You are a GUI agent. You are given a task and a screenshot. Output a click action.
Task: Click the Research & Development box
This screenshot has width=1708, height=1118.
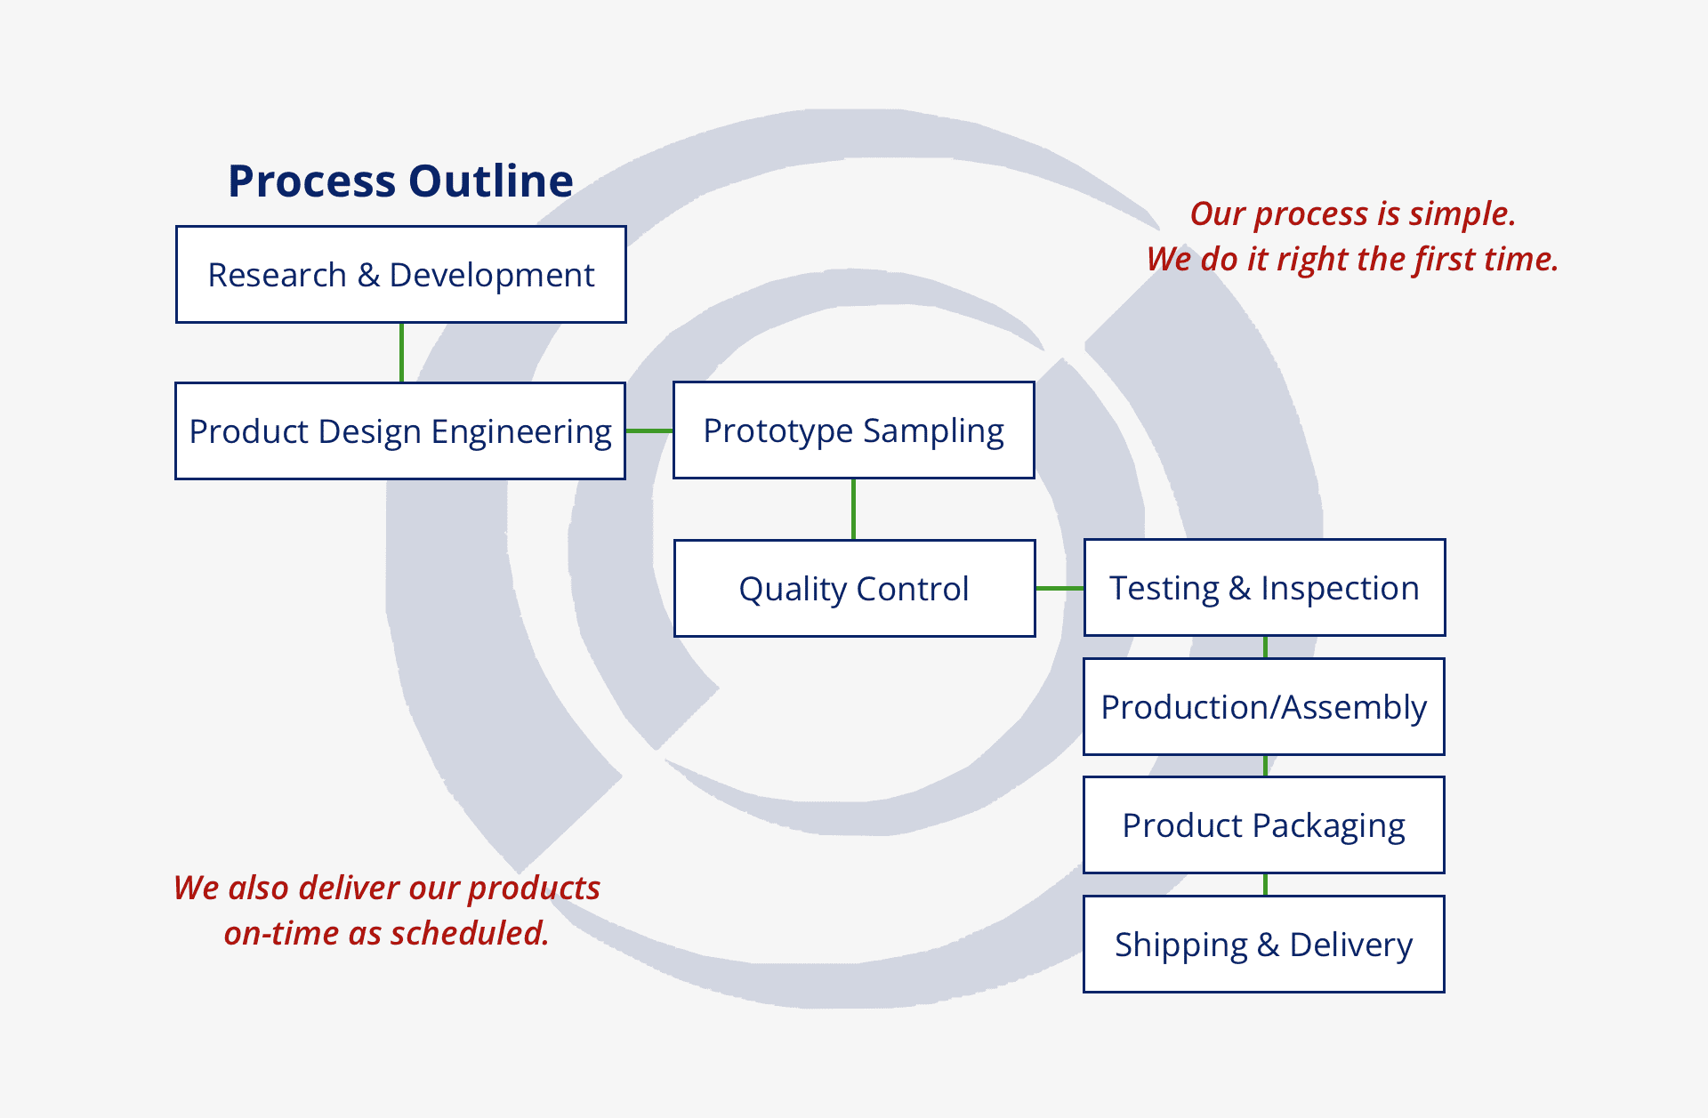click(x=401, y=274)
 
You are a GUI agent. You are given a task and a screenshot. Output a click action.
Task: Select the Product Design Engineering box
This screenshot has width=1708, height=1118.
click(x=400, y=431)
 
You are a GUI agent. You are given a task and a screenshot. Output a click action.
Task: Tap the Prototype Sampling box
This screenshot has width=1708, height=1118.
click(x=854, y=430)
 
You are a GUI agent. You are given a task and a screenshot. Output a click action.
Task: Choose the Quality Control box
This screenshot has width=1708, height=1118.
click(x=855, y=588)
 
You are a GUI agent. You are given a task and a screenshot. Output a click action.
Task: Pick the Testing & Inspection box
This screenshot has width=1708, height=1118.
click(x=1264, y=587)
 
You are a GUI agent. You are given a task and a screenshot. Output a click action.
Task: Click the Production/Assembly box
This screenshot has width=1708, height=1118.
click(x=1264, y=706)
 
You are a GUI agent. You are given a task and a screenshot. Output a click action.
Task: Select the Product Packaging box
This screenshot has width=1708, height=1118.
click(x=1264, y=825)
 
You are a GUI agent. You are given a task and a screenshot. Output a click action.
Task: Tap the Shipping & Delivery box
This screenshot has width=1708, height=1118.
click(x=1264, y=945)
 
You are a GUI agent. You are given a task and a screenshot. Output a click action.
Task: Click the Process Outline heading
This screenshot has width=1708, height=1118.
click(x=400, y=181)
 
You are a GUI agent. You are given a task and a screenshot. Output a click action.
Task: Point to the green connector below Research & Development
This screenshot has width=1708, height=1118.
click(x=401, y=353)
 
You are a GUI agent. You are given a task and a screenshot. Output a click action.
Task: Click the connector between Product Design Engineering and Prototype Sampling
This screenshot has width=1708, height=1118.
click(x=649, y=430)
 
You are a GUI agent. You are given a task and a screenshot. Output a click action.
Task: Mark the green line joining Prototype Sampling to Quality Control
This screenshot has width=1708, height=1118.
click(x=854, y=509)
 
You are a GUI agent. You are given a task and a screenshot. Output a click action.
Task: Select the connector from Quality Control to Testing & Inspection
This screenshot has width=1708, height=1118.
click(x=1059, y=588)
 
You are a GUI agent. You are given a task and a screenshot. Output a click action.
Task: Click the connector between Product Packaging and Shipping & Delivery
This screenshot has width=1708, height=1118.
click(x=1265, y=885)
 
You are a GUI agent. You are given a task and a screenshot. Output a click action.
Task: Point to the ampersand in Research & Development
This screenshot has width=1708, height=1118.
click(x=368, y=275)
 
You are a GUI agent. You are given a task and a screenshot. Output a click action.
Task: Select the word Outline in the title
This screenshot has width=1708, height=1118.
click(x=491, y=181)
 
